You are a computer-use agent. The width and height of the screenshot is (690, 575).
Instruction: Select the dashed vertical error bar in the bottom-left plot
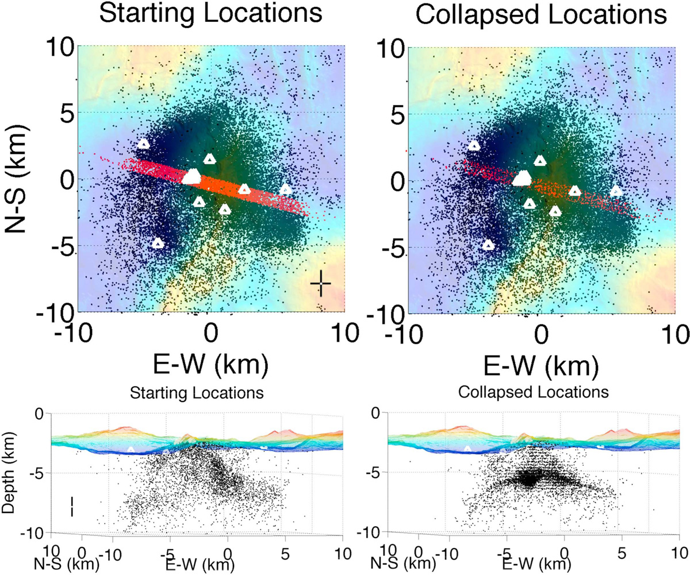click(x=72, y=505)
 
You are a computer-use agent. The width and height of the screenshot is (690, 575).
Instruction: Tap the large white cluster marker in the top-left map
click(x=193, y=176)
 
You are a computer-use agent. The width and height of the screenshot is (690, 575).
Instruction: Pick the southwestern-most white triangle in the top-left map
click(x=158, y=243)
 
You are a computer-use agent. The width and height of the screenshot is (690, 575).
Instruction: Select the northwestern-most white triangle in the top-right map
click(x=474, y=145)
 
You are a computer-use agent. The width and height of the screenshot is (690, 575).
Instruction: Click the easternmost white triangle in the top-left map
click(x=286, y=189)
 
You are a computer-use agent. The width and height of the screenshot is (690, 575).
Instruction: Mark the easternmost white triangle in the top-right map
click(x=616, y=191)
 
